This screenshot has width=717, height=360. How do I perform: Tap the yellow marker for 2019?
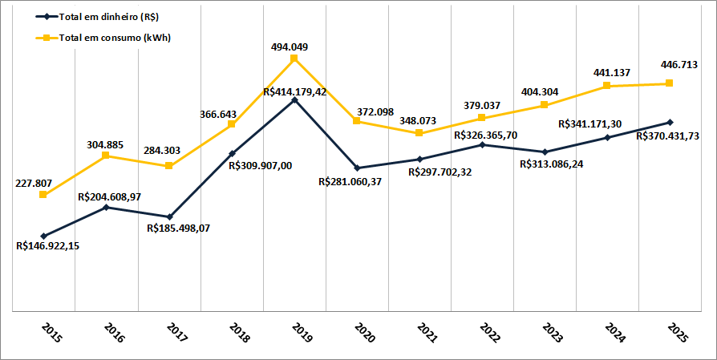click(294, 59)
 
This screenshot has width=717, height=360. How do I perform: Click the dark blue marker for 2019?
click(294, 99)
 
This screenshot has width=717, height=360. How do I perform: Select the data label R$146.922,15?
click(47, 246)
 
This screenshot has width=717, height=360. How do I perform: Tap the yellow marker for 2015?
click(43, 195)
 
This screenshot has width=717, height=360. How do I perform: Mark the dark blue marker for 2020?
click(357, 168)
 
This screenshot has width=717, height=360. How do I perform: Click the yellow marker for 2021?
click(419, 133)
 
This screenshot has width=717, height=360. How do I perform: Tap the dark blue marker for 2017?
click(168, 217)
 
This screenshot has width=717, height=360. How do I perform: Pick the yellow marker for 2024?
click(607, 86)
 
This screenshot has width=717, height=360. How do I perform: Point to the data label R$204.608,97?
click(110, 196)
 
